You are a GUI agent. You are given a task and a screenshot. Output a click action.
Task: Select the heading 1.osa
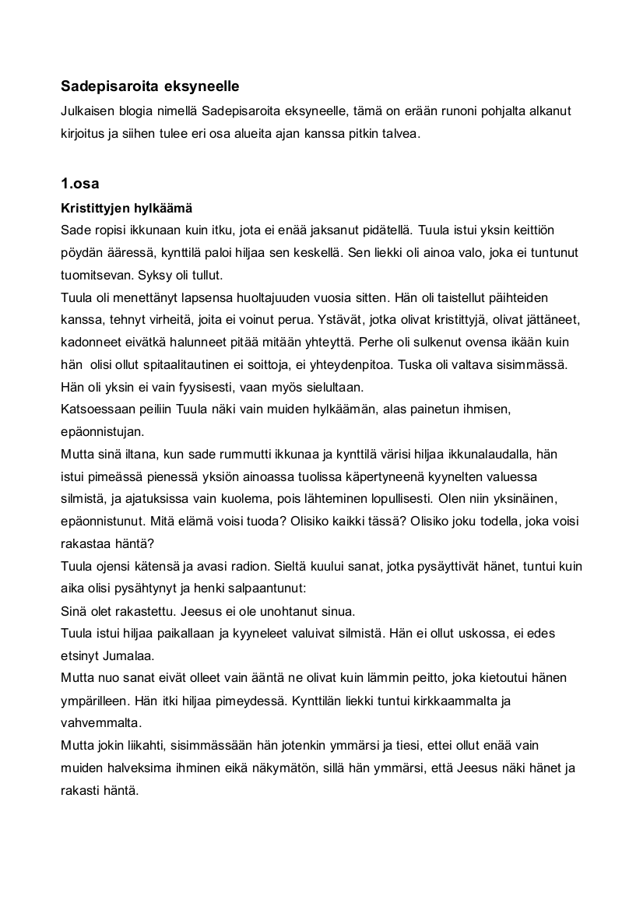point(79,184)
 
